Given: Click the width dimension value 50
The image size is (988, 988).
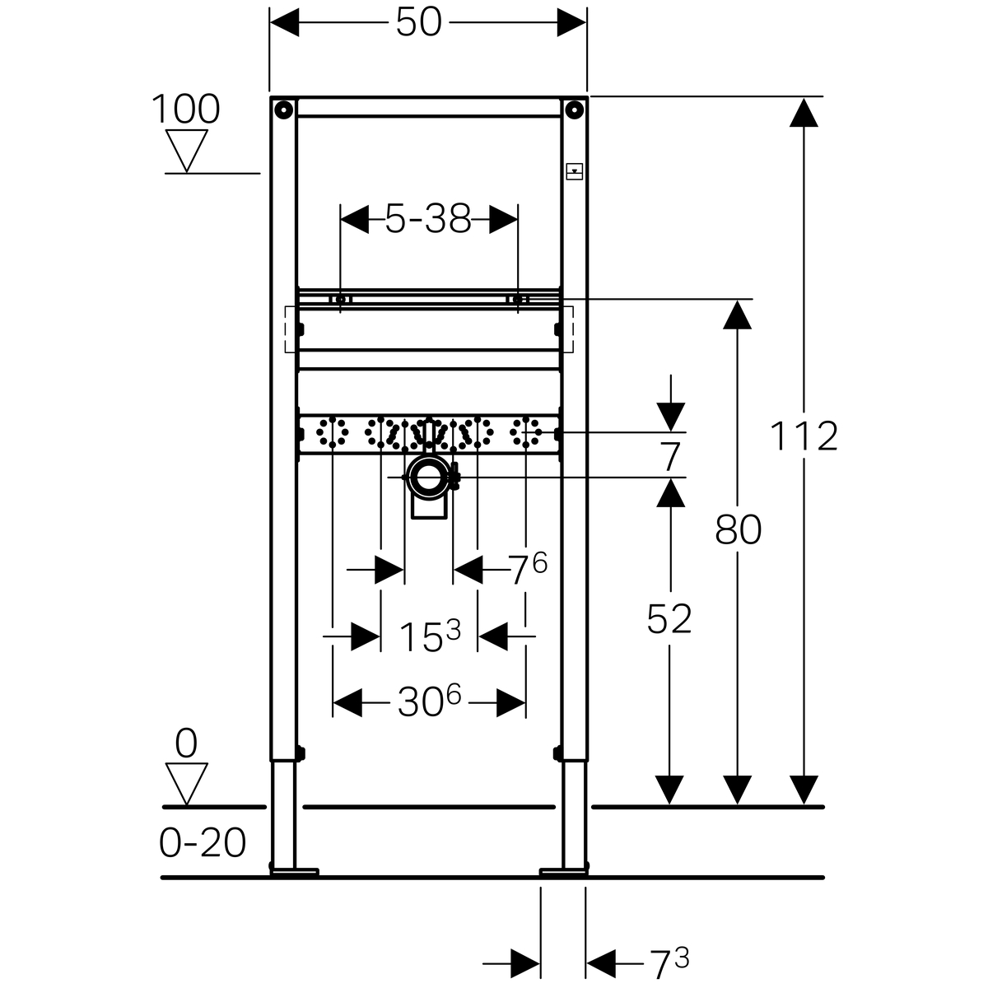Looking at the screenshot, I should (419, 23).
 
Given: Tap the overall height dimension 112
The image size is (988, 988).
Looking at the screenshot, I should (804, 436).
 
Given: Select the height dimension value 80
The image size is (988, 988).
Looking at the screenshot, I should (739, 530).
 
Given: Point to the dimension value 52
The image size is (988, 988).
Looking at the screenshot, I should (669, 619).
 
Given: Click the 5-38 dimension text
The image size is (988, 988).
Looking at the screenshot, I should (428, 219).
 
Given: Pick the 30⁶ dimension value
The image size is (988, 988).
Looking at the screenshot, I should (429, 702).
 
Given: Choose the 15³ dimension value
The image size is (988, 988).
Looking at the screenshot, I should (429, 636).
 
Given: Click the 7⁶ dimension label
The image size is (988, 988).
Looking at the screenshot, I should (527, 569).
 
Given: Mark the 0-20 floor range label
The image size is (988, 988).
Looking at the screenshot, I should (203, 843).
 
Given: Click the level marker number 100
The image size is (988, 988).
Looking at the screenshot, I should (186, 110).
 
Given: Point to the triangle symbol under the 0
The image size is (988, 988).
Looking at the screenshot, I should (186, 783).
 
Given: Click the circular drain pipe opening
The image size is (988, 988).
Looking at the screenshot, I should (428, 477).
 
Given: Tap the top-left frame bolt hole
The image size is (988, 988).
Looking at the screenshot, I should (283, 109).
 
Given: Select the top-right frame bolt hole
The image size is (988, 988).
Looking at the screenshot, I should (574, 109).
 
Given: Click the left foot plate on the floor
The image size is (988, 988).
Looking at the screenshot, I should (294, 871).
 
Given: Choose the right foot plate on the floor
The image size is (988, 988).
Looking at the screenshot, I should (564, 871).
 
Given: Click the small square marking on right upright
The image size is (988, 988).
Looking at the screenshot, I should (574, 172).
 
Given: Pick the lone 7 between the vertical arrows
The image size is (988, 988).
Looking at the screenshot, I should (671, 454).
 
